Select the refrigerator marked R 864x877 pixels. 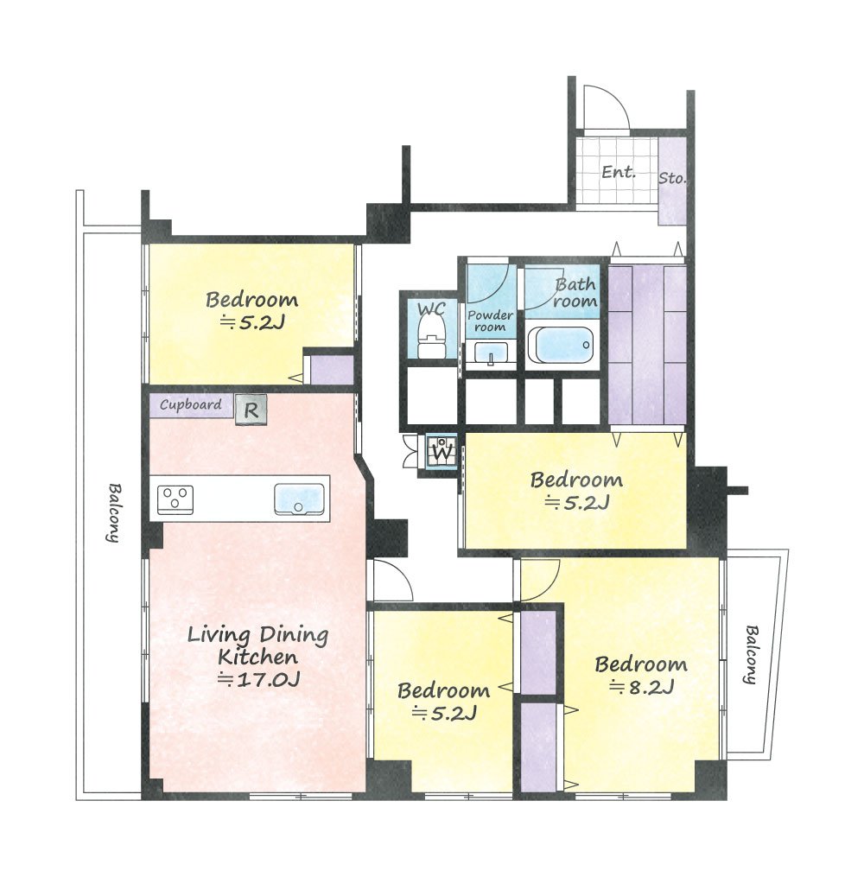coord(251,410)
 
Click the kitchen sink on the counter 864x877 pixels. coord(299,499)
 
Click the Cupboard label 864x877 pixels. coord(190,404)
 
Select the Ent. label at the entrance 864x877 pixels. coord(619,171)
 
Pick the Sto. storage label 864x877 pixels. coord(671,178)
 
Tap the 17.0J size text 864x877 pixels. coord(258,679)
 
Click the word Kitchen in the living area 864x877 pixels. coord(257,657)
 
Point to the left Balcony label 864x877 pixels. coord(114,512)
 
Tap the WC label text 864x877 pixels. coord(432,308)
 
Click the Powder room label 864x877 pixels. coord(491,321)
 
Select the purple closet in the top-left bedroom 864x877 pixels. coord(332,370)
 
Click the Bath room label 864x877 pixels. coord(575,293)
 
